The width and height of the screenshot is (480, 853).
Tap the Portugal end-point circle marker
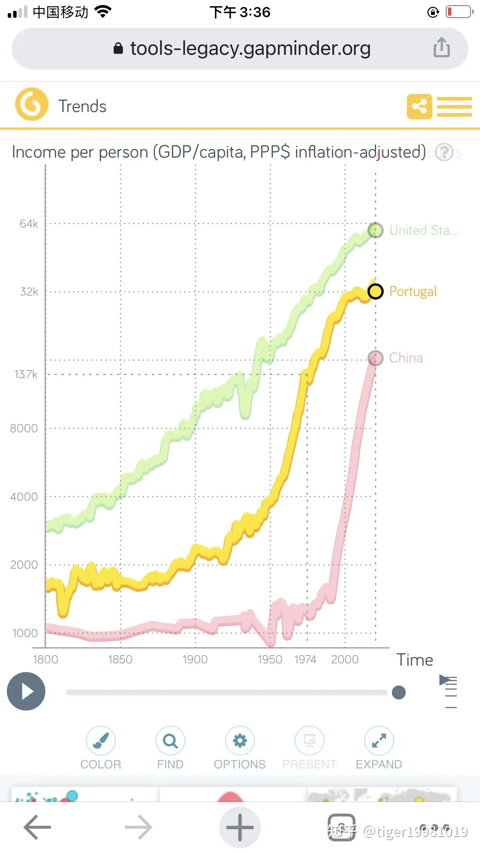375,291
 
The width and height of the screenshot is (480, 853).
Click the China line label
406,358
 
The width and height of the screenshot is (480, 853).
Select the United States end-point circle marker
375,230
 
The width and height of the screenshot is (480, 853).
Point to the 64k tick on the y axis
29,224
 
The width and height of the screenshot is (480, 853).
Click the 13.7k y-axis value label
26,374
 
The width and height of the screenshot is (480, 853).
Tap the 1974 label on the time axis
305,659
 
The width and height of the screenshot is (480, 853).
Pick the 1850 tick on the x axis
120,659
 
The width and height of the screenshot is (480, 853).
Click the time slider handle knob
398,692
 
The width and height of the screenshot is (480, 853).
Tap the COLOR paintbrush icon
100,740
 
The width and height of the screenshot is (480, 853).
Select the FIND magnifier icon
170,740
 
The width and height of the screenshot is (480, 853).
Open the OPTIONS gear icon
240,740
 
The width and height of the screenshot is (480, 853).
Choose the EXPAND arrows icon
379,740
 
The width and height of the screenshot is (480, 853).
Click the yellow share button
419,106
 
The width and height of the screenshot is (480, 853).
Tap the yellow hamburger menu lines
454,106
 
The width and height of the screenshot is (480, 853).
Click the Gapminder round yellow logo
32,104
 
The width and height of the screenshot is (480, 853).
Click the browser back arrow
37,827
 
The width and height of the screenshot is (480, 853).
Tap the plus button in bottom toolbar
240,827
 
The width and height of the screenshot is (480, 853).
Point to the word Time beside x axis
415,660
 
